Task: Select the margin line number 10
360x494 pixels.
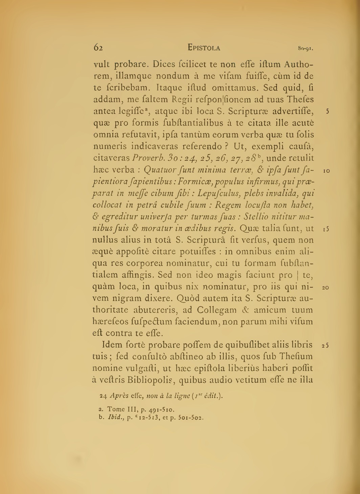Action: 327,171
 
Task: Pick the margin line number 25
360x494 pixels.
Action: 325,346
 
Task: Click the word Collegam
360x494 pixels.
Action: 217,310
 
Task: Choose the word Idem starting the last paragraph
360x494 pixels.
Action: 113,345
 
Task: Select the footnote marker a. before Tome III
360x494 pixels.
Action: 100,409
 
